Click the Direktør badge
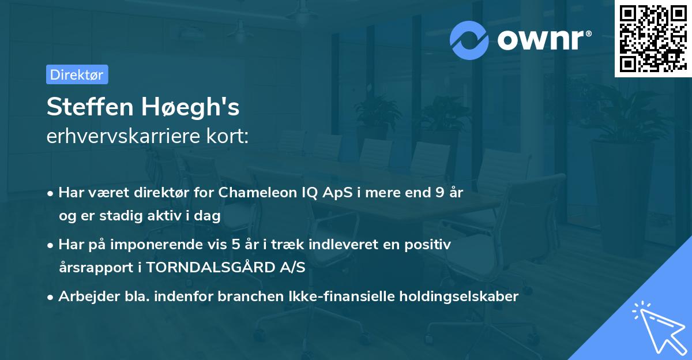coord(77,74)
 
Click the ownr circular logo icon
coord(469,40)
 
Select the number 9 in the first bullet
coord(440,193)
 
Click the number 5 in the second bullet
coord(235,245)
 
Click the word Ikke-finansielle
coord(354,297)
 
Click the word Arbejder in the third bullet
coord(82,297)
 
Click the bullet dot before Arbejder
coord(51,297)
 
